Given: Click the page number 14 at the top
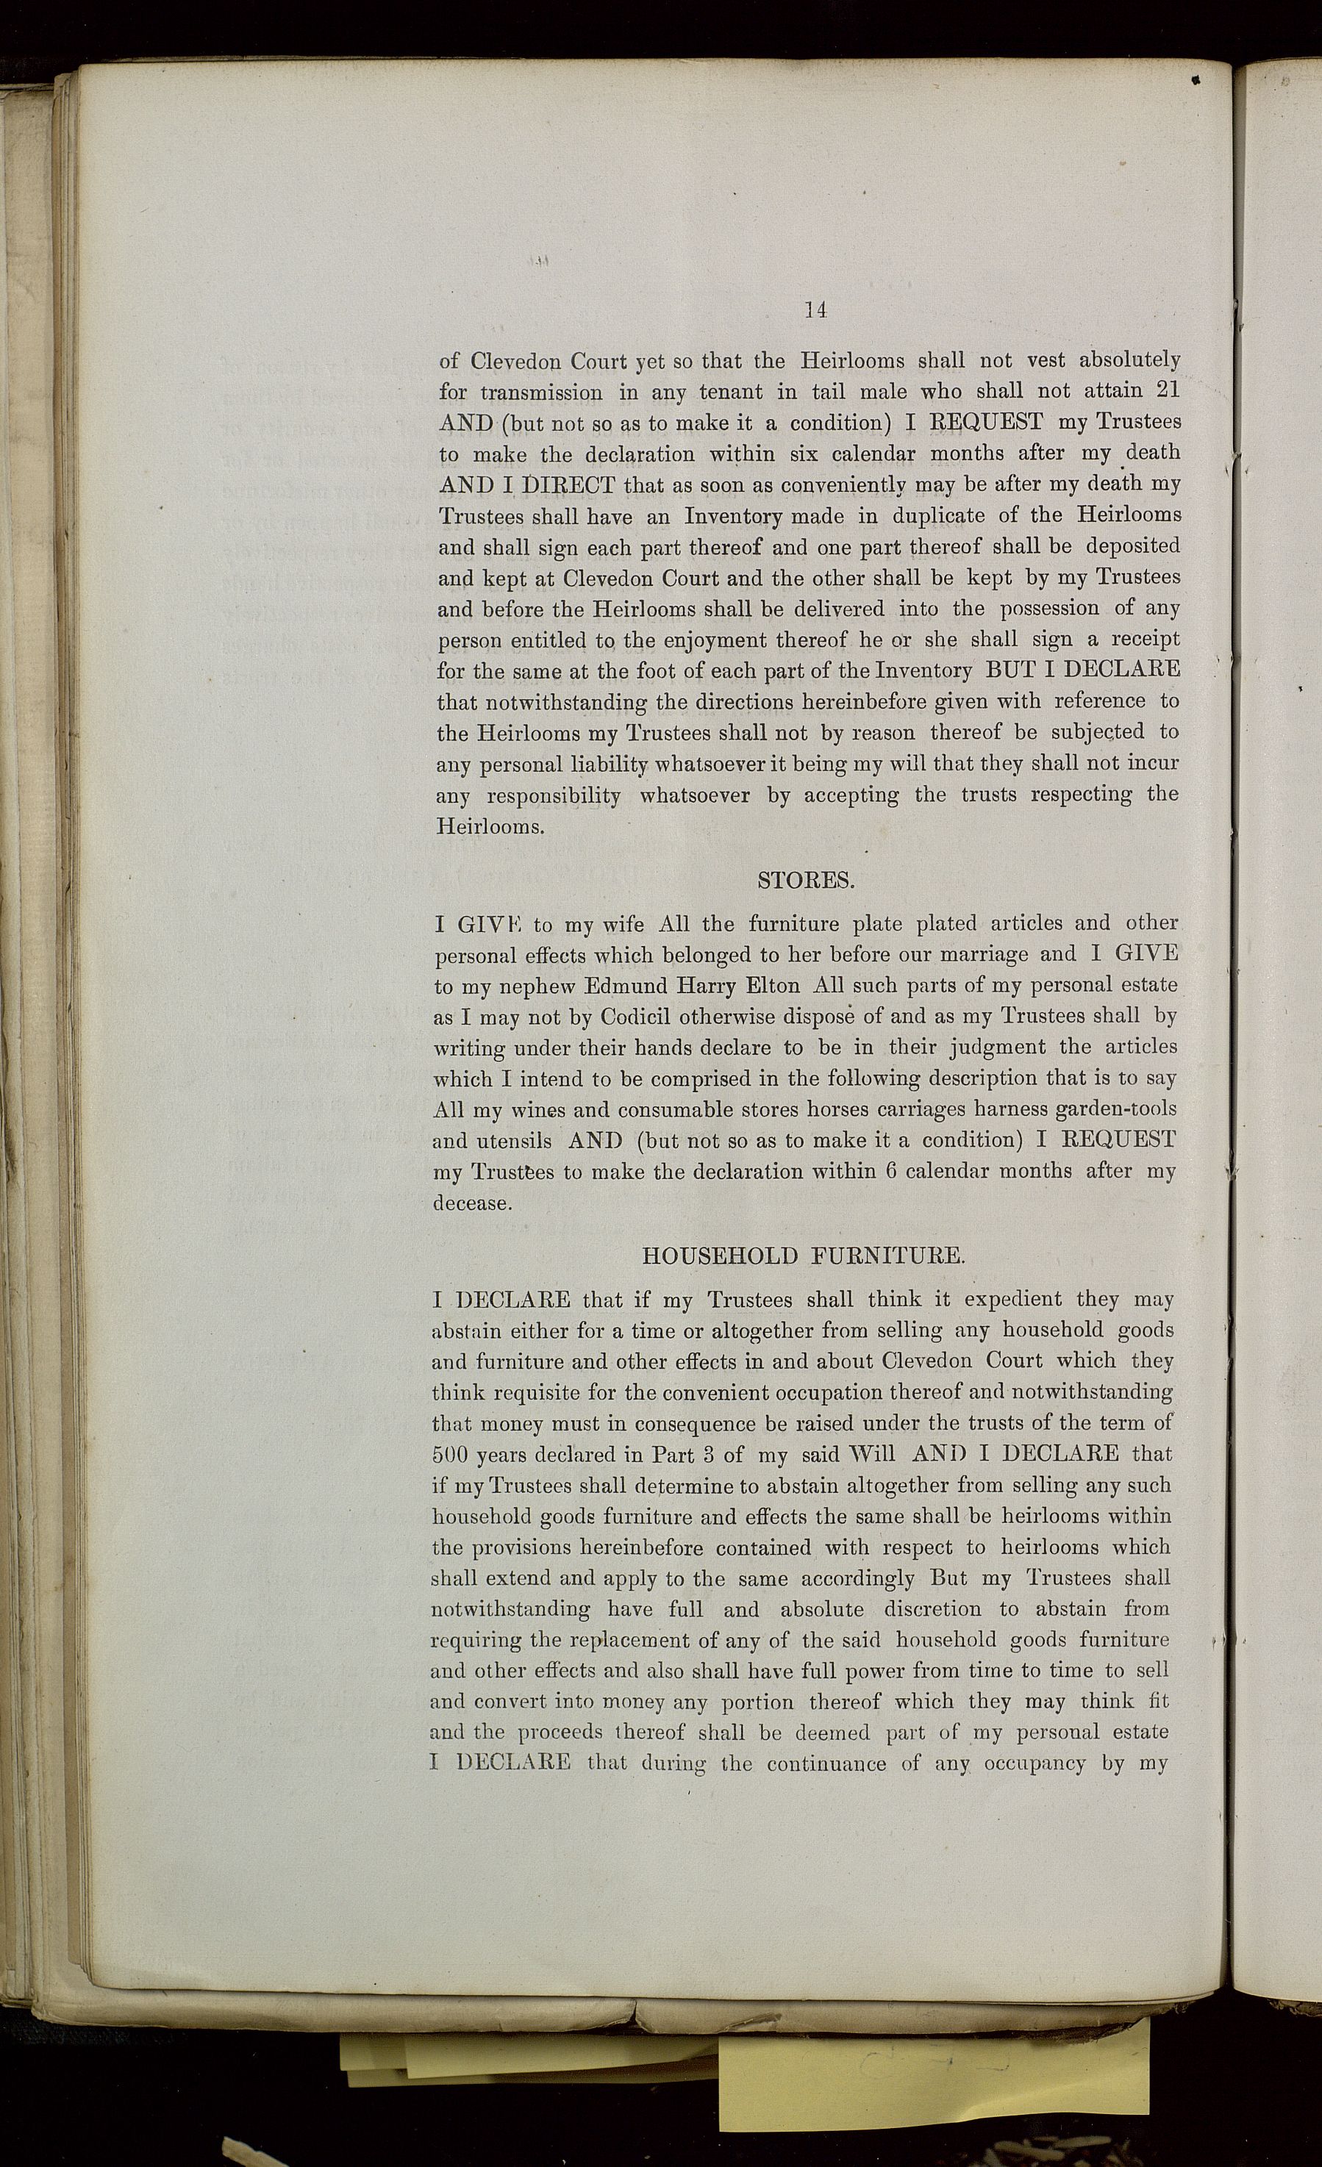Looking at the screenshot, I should pos(815,309).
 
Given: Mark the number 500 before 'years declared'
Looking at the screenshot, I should pos(449,1455).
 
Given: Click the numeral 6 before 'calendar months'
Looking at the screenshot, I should pos(890,1172).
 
